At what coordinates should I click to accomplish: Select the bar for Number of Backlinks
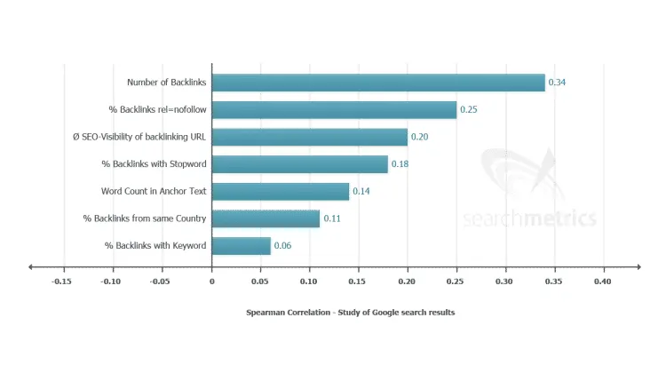pyautogui.click(x=378, y=83)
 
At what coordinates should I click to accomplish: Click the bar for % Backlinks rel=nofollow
pyautogui.click(x=335, y=110)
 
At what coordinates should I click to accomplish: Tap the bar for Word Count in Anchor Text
pyautogui.click(x=281, y=192)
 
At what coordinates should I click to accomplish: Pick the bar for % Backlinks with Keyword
pyautogui.click(x=242, y=246)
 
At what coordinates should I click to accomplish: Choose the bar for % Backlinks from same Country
pyautogui.click(x=266, y=218)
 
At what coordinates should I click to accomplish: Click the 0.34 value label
pyautogui.click(x=558, y=83)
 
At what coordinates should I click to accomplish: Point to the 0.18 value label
pyautogui.click(x=400, y=164)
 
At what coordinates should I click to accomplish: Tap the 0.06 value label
pyautogui.click(x=283, y=246)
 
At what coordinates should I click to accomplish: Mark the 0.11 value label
pyautogui.click(x=332, y=218)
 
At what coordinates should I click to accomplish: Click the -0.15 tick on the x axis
pyautogui.click(x=61, y=282)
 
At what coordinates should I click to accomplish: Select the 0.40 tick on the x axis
pyautogui.click(x=603, y=282)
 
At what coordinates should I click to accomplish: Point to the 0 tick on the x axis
pyautogui.click(x=212, y=282)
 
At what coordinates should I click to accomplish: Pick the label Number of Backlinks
pyautogui.click(x=167, y=83)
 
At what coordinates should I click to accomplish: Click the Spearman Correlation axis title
pyautogui.click(x=350, y=313)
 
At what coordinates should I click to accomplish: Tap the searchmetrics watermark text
pyautogui.click(x=529, y=219)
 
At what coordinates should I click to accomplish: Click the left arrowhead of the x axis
pyautogui.click(x=32, y=266)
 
